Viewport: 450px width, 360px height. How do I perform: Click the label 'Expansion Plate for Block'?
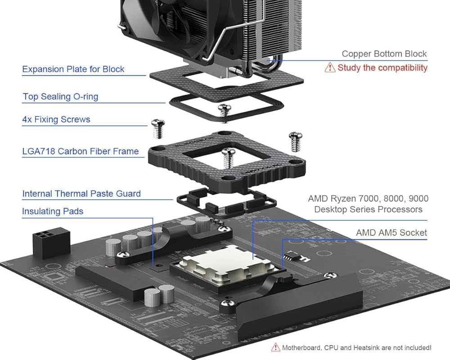coord(73,69)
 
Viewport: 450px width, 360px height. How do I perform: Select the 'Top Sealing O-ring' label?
coord(60,96)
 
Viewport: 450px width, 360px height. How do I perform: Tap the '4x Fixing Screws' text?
coord(56,119)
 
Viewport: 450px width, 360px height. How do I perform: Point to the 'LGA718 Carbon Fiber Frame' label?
coord(81,151)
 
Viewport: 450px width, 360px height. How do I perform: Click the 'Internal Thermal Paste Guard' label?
coord(81,193)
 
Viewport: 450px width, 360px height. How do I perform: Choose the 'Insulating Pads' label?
coord(53,211)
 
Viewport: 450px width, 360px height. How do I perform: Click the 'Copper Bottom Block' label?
coord(384,54)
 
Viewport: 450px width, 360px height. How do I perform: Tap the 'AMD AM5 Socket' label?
coord(391,233)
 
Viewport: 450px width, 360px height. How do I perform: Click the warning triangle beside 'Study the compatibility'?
coord(330,67)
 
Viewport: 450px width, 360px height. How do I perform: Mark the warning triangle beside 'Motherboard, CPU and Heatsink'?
coord(275,347)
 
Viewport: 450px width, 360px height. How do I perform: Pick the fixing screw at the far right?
coord(295,140)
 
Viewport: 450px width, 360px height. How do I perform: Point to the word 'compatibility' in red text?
coord(403,67)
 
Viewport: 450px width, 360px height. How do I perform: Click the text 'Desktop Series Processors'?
coord(368,209)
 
